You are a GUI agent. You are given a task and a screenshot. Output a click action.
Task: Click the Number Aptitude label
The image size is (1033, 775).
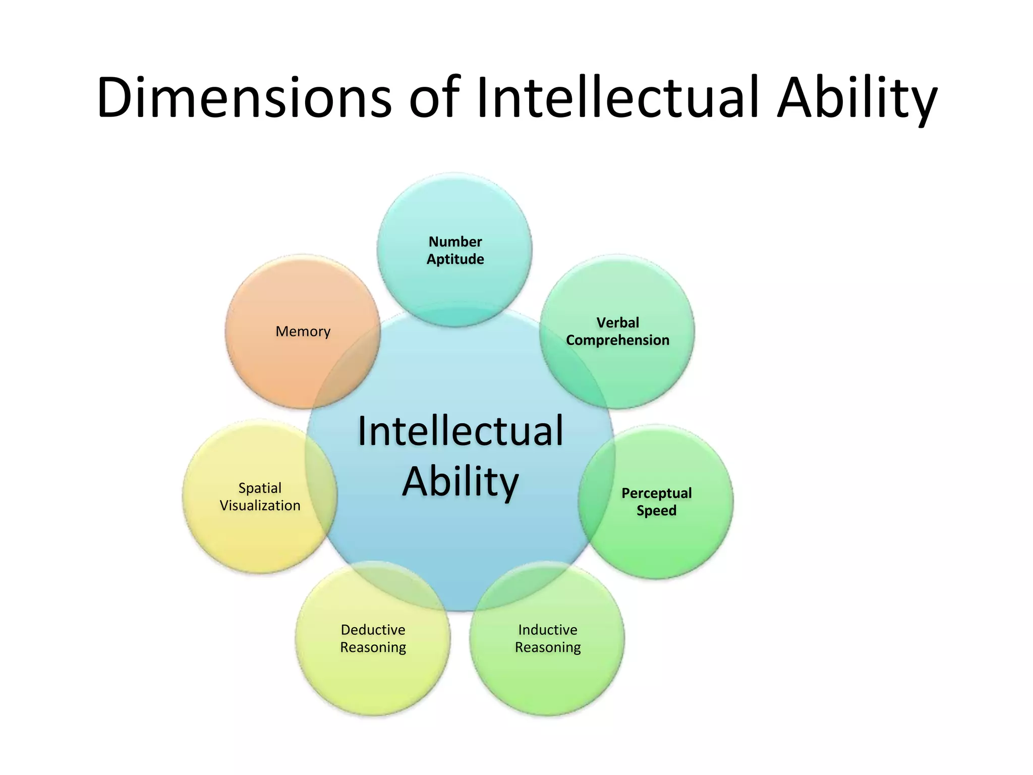pyautogui.click(x=455, y=250)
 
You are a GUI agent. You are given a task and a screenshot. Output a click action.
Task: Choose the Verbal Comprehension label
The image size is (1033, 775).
pyautogui.click(x=617, y=331)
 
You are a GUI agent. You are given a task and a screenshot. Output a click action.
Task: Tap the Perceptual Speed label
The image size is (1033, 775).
pyautogui.click(x=656, y=502)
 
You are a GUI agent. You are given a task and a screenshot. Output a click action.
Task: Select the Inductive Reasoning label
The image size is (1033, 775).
pyautogui.click(x=548, y=638)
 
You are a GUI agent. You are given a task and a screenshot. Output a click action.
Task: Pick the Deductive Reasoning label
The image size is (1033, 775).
pyautogui.click(x=373, y=638)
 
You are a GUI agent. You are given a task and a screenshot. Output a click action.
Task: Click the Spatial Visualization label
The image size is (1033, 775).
pyautogui.click(x=260, y=496)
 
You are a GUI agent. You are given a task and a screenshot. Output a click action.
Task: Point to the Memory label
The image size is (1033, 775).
pyautogui.click(x=303, y=331)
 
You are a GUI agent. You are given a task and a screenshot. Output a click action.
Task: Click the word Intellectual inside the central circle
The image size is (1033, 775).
pyautogui.click(x=460, y=431)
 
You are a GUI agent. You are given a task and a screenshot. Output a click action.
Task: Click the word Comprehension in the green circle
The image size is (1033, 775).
pyautogui.click(x=617, y=341)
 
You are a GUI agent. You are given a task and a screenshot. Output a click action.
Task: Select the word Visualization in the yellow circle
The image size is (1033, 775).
pyautogui.click(x=260, y=506)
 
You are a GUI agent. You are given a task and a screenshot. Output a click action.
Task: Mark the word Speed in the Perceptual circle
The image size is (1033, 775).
pyautogui.click(x=656, y=511)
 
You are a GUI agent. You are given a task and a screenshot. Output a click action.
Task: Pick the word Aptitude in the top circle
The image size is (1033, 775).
pyautogui.click(x=455, y=259)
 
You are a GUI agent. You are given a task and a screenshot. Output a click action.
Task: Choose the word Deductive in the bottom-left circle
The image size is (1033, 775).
pyautogui.click(x=373, y=630)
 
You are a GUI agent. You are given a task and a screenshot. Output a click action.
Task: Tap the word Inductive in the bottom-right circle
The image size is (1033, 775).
pyautogui.click(x=548, y=630)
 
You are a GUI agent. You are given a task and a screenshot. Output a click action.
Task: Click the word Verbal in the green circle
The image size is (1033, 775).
pyautogui.click(x=617, y=322)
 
